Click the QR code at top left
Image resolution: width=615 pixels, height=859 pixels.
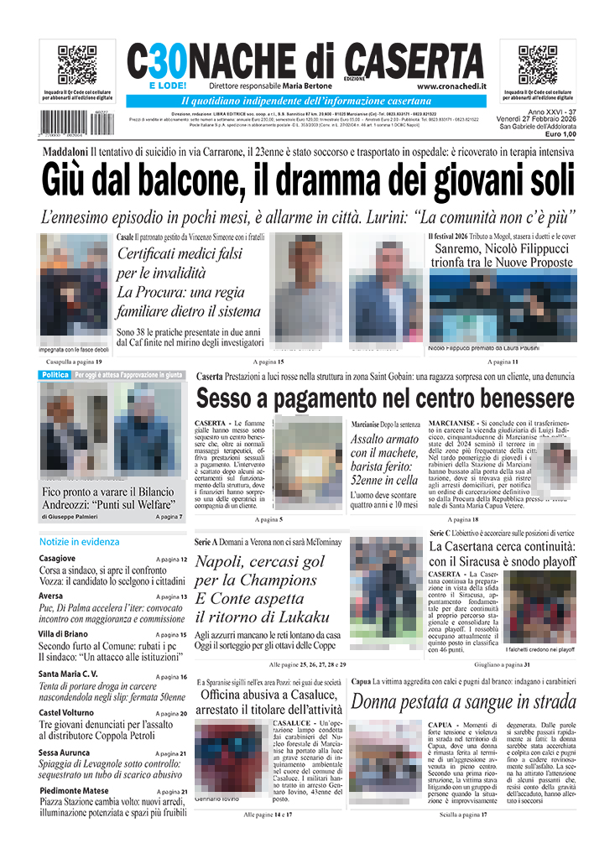pos(76,65)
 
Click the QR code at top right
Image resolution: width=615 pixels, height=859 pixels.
pos(538,65)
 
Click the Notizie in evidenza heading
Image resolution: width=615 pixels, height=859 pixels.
pos(79,542)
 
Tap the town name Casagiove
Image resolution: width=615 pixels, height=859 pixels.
pos(57,559)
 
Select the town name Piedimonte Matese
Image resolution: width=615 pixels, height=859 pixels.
pos(75,791)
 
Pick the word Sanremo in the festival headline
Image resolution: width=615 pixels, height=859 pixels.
pos(459,249)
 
